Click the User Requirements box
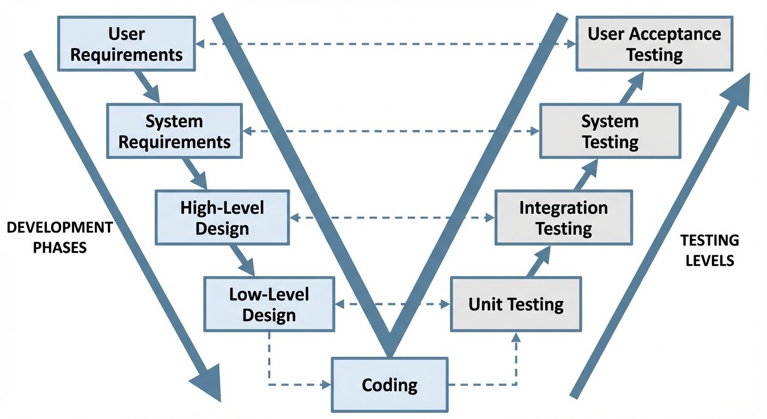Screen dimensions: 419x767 (x=126, y=43)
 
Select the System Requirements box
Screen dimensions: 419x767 (x=174, y=131)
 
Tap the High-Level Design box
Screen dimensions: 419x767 (x=222, y=217)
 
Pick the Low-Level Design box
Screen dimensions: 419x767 (x=269, y=304)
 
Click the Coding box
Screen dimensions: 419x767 (x=389, y=385)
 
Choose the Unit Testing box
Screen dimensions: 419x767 (x=515, y=304)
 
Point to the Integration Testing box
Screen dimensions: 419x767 (x=563, y=217)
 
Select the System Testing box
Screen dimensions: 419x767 (x=610, y=131)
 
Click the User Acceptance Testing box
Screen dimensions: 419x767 (x=654, y=43)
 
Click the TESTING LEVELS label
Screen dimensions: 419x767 (x=709, y=250)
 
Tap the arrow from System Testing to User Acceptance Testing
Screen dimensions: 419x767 (x=632, y=87)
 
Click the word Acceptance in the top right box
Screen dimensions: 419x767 (x=674, y=34)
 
